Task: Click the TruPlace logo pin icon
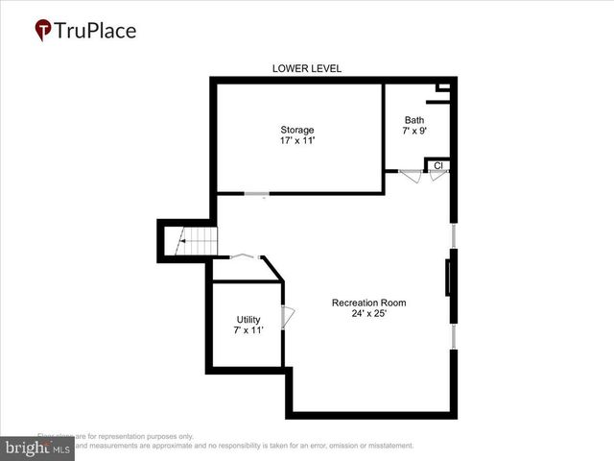point(43,31)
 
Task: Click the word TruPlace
point(95,31)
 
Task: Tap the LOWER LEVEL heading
point(307,68)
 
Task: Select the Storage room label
point(296,130)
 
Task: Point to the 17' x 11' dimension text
point(296,140)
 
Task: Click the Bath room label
point(413,120)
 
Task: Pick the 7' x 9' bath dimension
point(413,131)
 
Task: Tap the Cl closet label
point(437,165)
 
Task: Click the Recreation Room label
point(368,303)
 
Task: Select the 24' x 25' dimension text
point(368,313)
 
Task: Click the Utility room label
point(248,320)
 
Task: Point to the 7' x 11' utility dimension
point(248,330)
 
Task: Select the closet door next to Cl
point(437,177)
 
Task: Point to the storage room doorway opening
point(255,194)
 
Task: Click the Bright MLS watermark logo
point(36,449)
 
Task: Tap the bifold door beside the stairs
point(244,255)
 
